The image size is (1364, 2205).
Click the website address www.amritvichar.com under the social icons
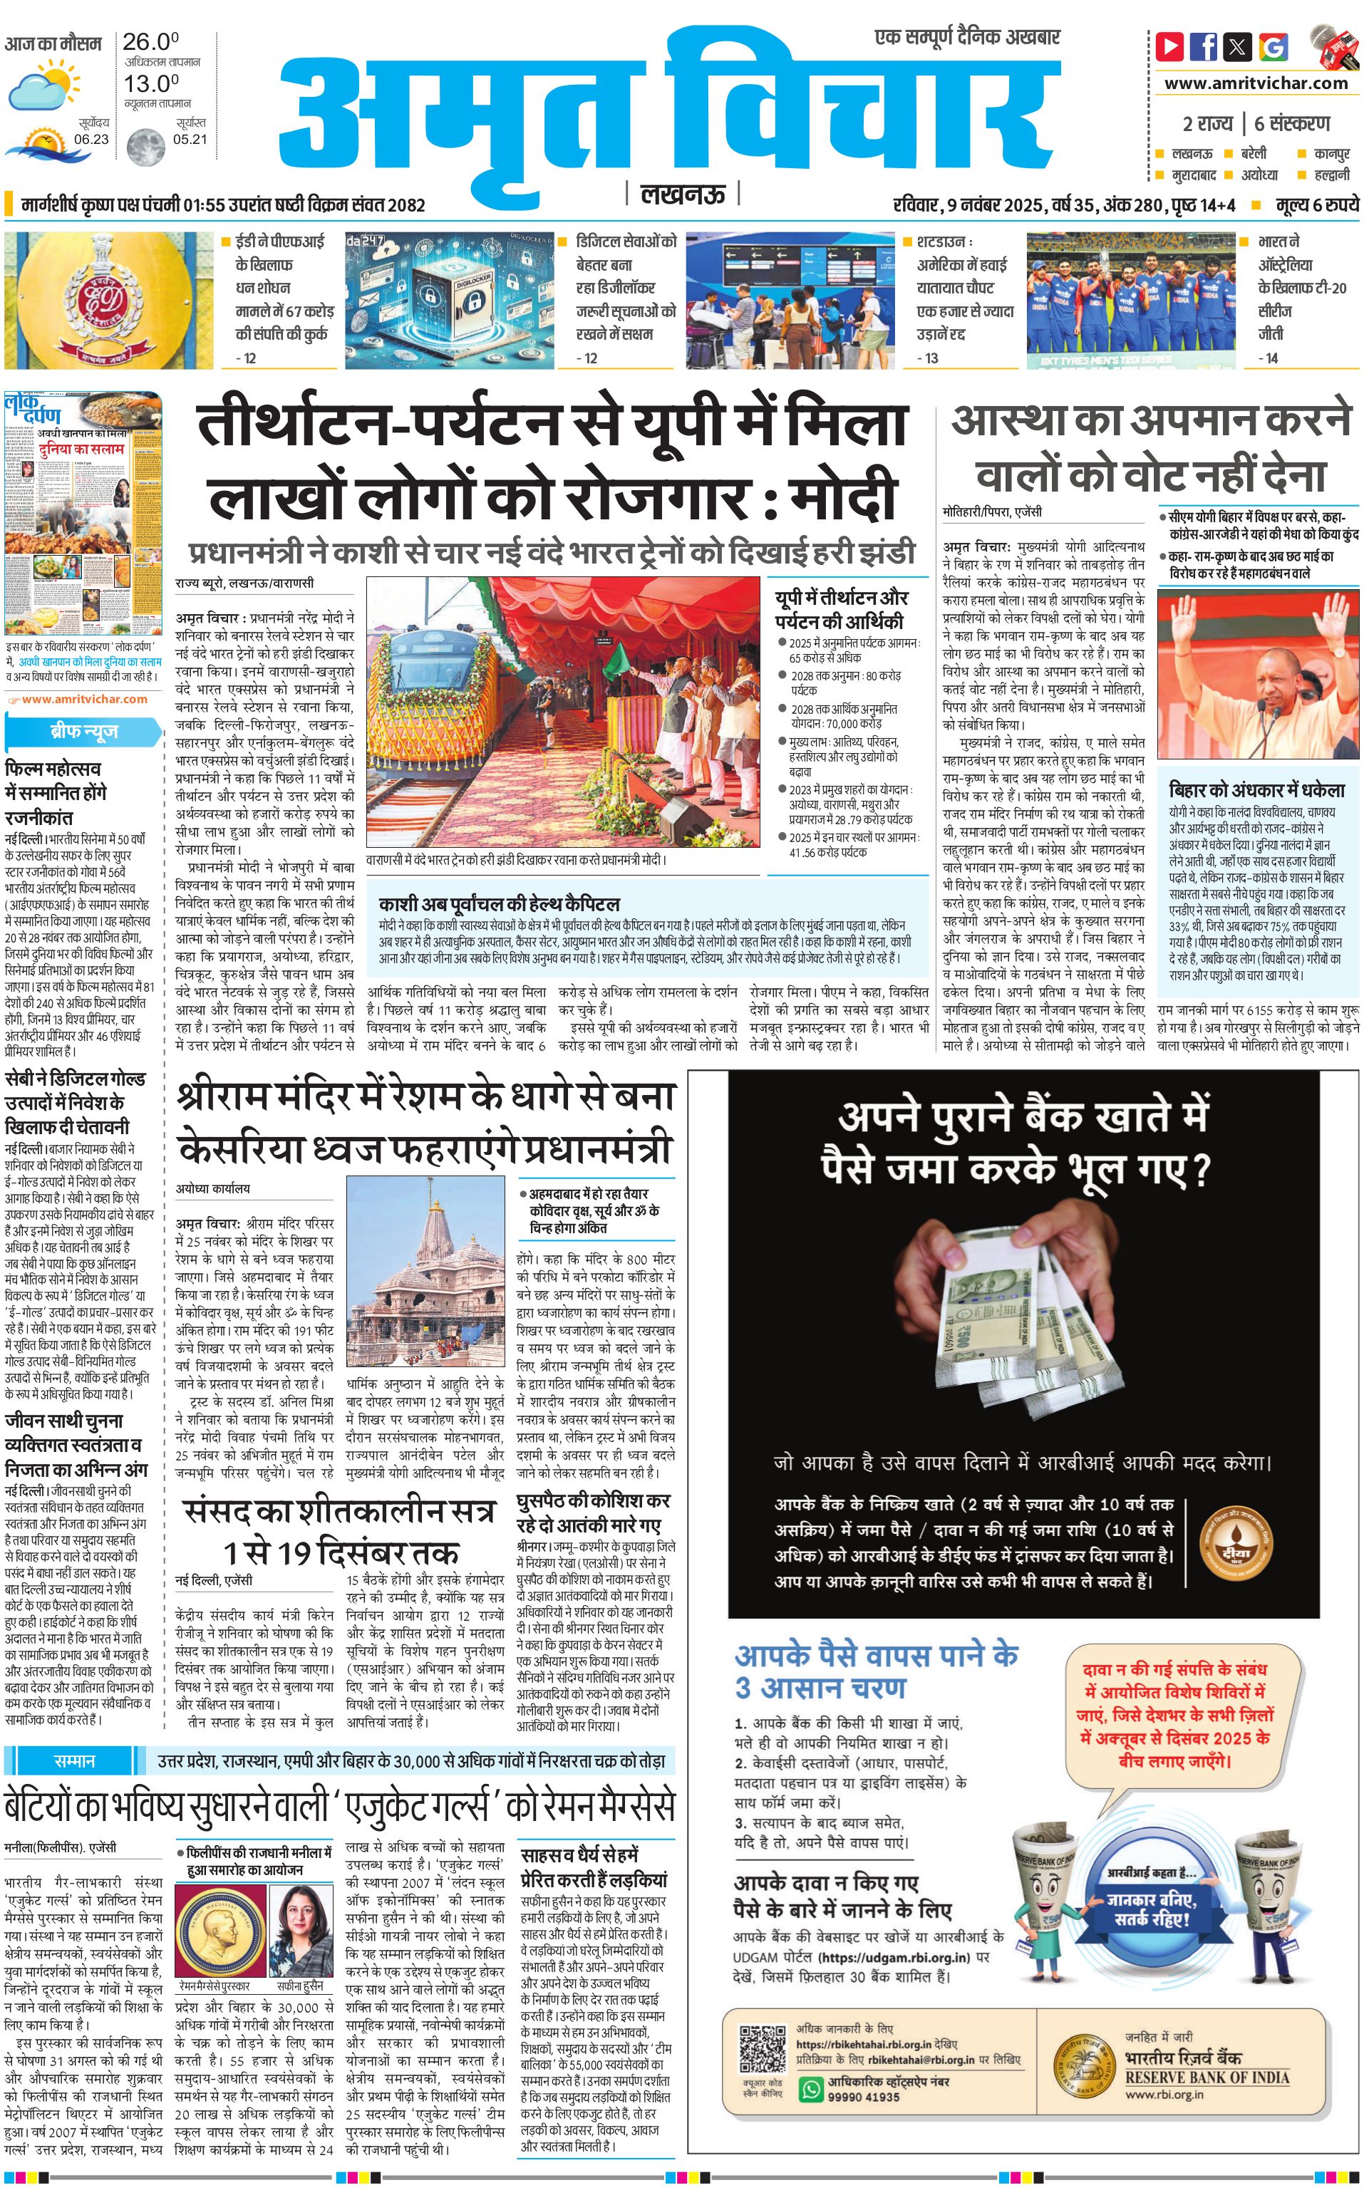point(1256,83)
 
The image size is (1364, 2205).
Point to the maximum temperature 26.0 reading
point(150,41)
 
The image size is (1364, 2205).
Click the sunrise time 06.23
point(91,139)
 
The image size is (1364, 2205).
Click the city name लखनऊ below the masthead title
point(682,194)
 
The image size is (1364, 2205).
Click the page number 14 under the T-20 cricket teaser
point(1268,358)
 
